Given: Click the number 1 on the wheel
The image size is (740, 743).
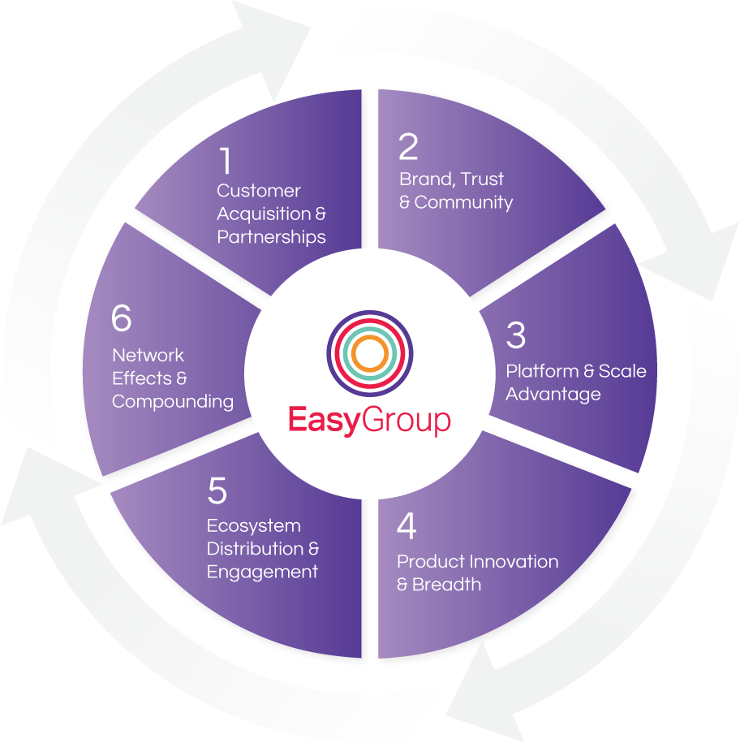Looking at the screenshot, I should [x=226, y=161].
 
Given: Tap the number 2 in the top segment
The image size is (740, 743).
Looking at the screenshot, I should [x=408, y=147].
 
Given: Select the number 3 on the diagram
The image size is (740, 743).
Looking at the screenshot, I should [x=516, y=335].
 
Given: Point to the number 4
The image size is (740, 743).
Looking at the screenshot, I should [x=407, y=526].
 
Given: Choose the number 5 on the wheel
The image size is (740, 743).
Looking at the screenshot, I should [x=217, y=491].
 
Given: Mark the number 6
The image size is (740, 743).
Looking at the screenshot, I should [x=121, y=319].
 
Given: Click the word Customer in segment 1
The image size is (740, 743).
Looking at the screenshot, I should [x=259, y=191].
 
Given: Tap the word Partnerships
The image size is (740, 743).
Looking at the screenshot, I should [x=272, y=237].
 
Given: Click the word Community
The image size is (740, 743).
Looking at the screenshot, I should [x=463, y=202].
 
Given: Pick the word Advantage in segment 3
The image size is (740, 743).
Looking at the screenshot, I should [x=553, y=395].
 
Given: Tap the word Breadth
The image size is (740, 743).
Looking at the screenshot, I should [x=446, y=585].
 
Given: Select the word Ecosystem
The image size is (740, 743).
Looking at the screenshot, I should [x=254, y=526].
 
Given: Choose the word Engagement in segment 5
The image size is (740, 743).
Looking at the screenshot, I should [x=262, y=572].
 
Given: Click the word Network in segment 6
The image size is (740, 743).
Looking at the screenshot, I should [x=148, y=356].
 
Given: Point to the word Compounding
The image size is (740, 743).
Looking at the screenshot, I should [x=173, y=401].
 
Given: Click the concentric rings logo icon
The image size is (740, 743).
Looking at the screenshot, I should [x=370, y=352].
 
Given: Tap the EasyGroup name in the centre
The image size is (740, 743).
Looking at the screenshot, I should [x=369, y=421].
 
